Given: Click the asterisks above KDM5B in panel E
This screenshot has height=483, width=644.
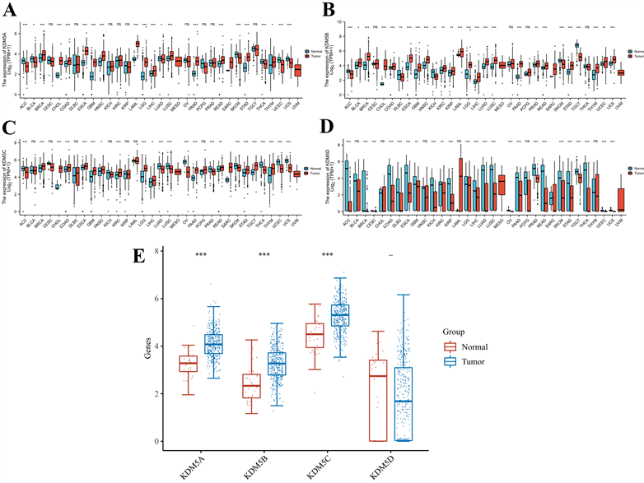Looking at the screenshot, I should click(x=264, y=254).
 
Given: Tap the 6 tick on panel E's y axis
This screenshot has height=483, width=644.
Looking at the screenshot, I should click(x=163, y=297).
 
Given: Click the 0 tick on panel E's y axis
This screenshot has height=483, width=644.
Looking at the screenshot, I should click(x=163, y=441).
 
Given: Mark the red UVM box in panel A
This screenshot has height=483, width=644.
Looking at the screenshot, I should click(x=298, y=70).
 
